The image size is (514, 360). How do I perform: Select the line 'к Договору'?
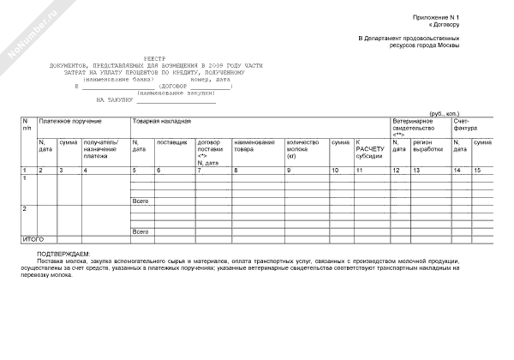(445, 25)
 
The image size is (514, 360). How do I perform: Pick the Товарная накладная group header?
(162, 123)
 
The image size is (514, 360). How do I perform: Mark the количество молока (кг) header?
(302, 148)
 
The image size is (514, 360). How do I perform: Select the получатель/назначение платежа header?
(100, 148)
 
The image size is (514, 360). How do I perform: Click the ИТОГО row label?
(33, 238)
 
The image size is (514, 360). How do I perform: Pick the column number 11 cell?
(360, 171)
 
